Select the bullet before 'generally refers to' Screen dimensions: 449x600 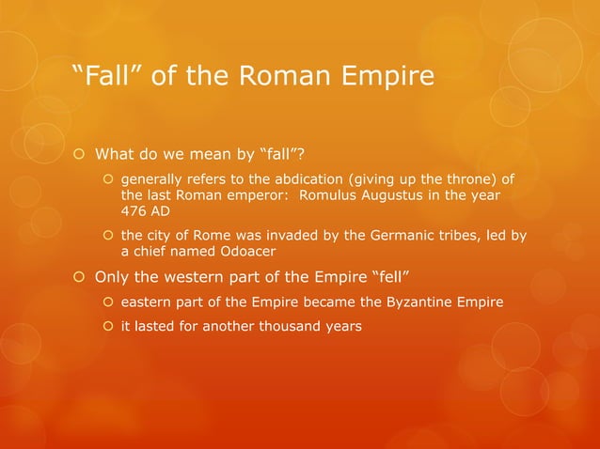click(108, 179)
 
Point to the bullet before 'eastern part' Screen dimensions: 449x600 click(108, 302)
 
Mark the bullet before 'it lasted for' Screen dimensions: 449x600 click(108, 327)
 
